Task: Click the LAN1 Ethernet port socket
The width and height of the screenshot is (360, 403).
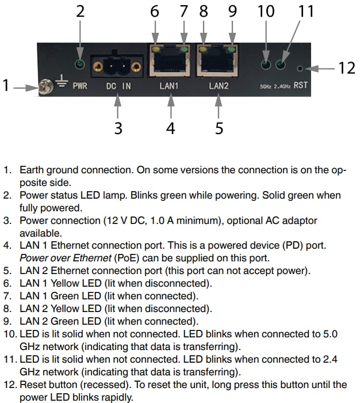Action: tap(170, 62)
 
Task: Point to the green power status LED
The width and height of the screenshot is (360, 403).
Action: tap(81, 64)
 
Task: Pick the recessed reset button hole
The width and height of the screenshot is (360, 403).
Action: tap(300, 69)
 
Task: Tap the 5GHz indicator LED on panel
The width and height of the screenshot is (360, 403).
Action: tap(266, 64)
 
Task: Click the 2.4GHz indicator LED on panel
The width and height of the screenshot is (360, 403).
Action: tap(282, 64)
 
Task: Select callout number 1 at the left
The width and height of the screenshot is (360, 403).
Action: tap(6, 87)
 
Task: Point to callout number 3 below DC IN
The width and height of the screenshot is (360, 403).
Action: tap(118, 128)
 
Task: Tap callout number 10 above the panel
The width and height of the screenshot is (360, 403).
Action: tap(266, 11)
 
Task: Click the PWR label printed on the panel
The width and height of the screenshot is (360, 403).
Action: tap(79, 88)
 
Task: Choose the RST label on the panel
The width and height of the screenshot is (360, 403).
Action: tap(300, 86)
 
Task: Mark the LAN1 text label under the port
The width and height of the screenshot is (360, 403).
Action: tap(171, 87)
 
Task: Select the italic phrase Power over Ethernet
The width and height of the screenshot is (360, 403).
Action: tap(56, 257)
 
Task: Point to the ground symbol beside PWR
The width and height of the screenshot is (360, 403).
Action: tap(61, 86)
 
